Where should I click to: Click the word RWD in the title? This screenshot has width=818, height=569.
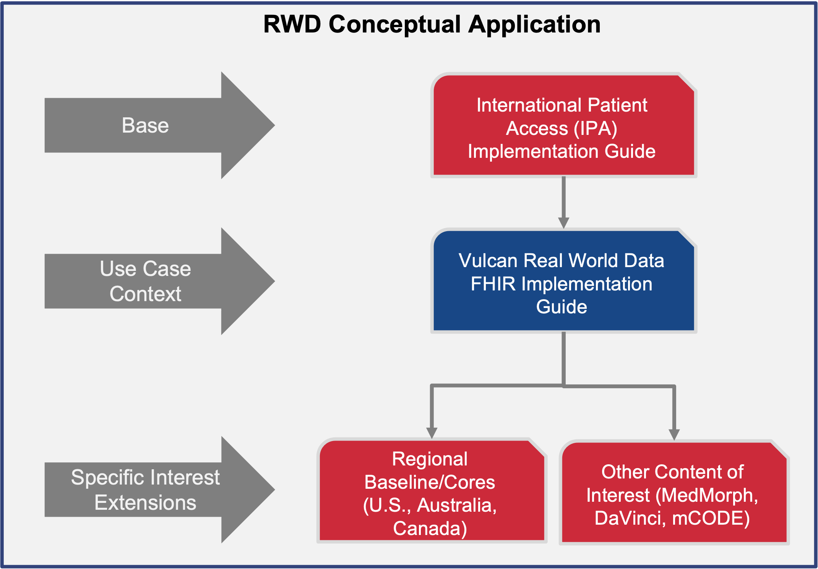coord(292,24)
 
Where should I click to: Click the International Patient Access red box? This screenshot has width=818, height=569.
coord(563,126)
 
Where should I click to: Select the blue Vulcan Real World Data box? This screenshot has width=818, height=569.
coord(563,282)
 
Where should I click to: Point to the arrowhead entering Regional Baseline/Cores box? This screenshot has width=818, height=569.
coord(432,433)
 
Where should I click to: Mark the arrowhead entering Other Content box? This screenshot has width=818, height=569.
coord(674,435)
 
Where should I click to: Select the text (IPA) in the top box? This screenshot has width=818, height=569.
coord(596,128)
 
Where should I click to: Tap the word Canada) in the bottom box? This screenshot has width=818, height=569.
coord(430,528)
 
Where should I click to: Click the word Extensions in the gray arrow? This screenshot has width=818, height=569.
coord(145,503)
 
